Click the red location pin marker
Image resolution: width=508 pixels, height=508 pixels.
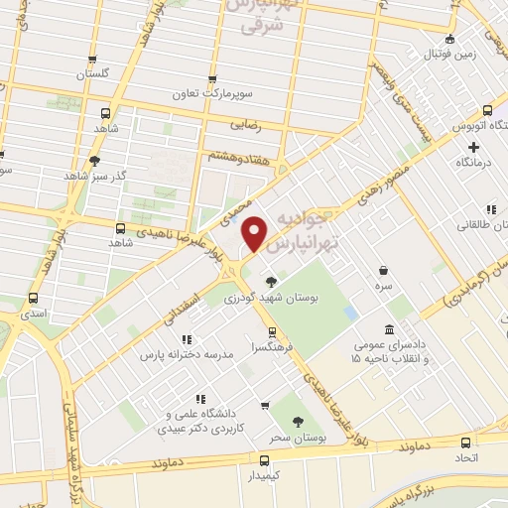[255, 232]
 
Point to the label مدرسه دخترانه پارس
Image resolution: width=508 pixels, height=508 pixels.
[187, 353]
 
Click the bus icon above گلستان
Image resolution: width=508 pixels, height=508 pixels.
[92, 60]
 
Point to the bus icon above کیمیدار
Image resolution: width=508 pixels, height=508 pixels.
[263, 460]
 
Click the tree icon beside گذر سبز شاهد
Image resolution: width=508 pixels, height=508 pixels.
[95, 161]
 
